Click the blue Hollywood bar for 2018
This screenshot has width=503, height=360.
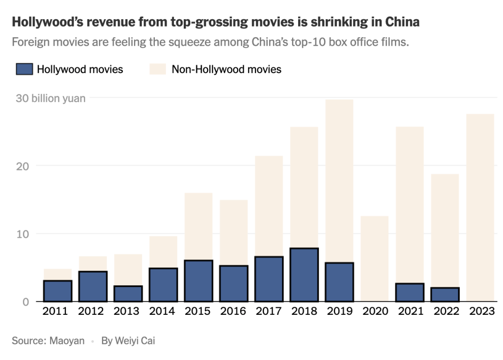[304, 275]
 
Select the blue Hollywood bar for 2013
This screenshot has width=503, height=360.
[128, 294]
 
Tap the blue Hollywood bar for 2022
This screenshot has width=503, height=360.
[445, 294]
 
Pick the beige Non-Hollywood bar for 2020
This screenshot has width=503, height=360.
[374, 258]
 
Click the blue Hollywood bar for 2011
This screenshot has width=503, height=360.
[57, 291]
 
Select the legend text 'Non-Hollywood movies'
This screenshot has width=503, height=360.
[226, 69]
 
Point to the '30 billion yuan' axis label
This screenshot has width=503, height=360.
[51, 98]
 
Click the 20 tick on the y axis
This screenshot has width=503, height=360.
[22, 166]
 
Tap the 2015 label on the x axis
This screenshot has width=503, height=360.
[198, 311]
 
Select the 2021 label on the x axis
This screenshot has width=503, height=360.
[410, 311]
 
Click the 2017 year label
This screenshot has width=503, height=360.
[269, 311]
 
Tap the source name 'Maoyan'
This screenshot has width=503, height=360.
[67, 340]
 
